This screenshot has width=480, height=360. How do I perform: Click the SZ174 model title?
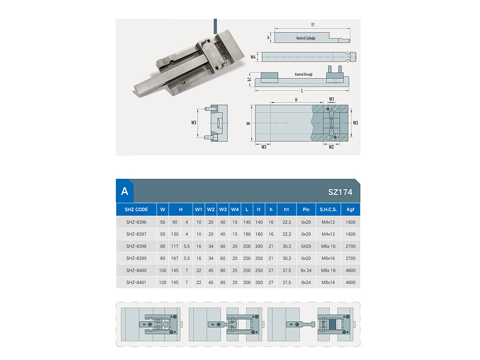340,192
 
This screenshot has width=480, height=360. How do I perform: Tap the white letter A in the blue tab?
125,191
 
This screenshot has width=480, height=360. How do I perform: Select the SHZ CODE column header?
136,210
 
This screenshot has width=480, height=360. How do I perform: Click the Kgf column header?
350,210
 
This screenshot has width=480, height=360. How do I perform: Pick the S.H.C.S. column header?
328,210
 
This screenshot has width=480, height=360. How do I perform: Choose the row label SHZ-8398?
136,246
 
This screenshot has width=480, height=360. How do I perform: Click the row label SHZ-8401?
136,282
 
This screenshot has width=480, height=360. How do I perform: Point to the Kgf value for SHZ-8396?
350,222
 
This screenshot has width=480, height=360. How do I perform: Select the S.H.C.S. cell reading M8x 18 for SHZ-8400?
328,270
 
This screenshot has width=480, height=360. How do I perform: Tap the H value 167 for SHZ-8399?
175,258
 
